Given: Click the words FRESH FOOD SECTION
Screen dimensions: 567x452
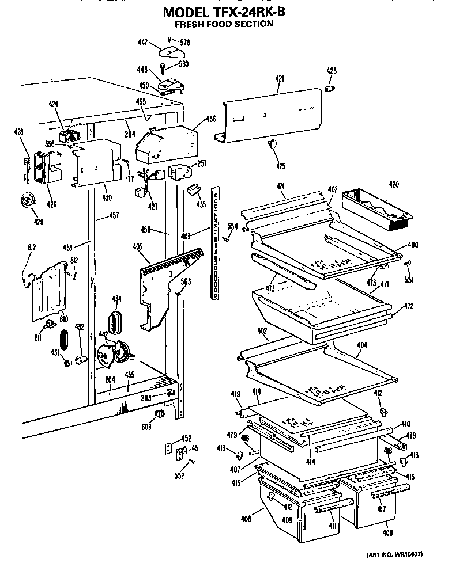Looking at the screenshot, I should click(x=224, y=24).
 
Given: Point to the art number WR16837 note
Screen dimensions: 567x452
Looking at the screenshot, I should click(x=394, y=554).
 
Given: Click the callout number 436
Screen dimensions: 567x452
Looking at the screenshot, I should click(x=210, y=120).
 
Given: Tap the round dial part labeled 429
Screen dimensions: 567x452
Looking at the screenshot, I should click(x=26, y=200).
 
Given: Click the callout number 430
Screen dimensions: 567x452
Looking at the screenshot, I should click(x=106, y=197).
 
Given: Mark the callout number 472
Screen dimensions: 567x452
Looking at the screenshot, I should click(x=409, y=306).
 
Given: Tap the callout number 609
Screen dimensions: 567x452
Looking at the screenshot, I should click(x=147, y=427).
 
